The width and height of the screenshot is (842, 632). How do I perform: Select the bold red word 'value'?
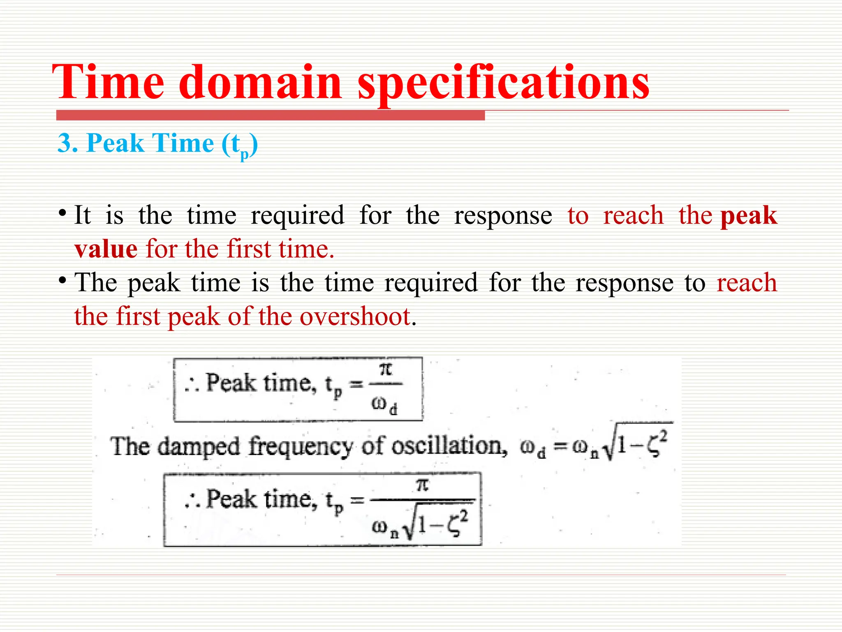[106, 249]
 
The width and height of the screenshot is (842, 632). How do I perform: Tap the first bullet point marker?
[62, 214]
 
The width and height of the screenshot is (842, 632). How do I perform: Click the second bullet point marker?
[62, 281]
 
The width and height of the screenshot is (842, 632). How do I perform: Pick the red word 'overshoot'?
[355, 316]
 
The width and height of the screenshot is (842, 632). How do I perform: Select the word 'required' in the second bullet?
[431, 283]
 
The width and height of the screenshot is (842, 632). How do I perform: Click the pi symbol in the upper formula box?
[386, 369]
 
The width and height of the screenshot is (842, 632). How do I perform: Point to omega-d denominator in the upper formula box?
[384, 404]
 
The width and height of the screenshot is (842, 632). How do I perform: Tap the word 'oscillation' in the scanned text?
[449, 446]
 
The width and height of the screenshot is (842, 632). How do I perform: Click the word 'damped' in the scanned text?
[199, 447]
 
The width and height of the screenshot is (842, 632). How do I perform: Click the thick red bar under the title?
[270, 116]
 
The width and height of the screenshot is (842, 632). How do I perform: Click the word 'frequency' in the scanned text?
[301, 447]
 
